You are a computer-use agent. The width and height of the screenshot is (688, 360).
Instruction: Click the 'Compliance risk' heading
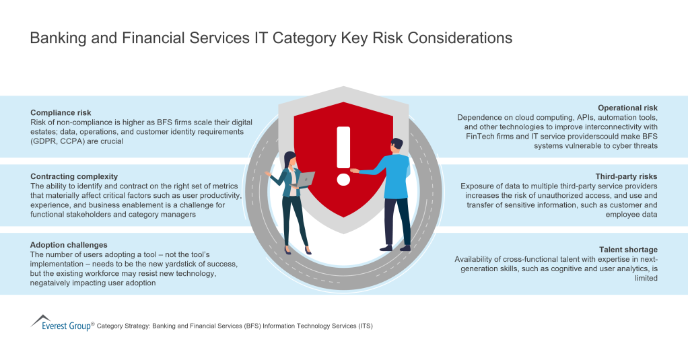pos(61,113)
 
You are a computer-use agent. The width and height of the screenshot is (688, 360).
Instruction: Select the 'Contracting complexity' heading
pos(74,176)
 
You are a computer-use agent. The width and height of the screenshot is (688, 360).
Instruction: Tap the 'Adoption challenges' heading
pos(69,245)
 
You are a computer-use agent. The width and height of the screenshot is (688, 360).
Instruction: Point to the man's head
pos(397,145)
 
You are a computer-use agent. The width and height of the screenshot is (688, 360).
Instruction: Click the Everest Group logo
pos(61,324)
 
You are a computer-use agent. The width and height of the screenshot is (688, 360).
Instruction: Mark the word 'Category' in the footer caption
pos(114,326)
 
